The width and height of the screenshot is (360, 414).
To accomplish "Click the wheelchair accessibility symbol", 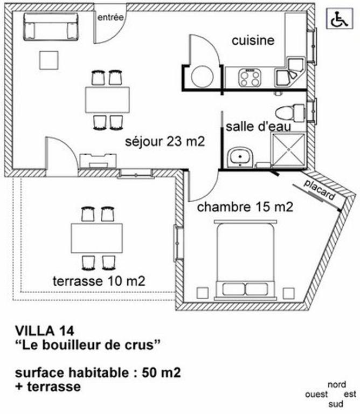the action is click(x=340, y=18).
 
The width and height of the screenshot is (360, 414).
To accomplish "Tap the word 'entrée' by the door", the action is click(x=110, y=17).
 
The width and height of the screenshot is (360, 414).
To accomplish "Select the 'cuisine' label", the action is click(x=253, y=40).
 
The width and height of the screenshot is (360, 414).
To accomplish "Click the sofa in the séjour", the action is click(x=51, y=26).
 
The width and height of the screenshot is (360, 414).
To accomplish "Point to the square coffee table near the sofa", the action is click(x=49, y=60).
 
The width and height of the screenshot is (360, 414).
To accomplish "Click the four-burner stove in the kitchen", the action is click(x=250, y=78).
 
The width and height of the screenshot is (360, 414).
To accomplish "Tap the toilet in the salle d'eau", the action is click(x=290, y=113).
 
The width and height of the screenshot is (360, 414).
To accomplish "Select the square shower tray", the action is click(x=288, y=150).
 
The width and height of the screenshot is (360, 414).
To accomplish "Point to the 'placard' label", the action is click(x=319, y=190).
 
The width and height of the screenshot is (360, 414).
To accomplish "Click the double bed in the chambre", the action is click(x=245, y=260).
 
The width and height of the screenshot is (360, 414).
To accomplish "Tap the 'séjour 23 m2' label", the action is click(x=165, y=142).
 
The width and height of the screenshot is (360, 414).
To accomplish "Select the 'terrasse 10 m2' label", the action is click(x=99, y=281).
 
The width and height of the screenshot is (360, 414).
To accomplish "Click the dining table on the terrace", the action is click(x=96, y=238).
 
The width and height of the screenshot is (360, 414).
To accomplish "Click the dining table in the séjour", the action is click(x=107, y=100).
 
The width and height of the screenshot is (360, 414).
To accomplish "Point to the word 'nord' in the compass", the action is click(x=336, y=385).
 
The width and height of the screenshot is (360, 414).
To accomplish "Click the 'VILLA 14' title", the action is click(x=45, y=331).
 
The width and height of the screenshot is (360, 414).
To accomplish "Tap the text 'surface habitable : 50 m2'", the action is click(x=98, y=372).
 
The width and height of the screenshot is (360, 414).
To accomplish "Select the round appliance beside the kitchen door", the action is click(x=203, y=77).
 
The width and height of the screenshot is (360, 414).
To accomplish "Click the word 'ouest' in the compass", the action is click(x=316, y=395).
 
